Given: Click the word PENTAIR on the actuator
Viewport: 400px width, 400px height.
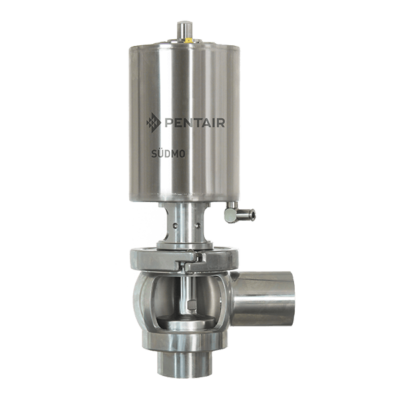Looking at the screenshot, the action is (195, 122).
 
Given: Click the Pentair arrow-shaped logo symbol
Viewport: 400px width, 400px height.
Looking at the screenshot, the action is (153, 122).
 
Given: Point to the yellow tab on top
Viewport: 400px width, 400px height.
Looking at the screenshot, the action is (189, 41).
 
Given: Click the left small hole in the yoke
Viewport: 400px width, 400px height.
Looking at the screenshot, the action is (175, 226).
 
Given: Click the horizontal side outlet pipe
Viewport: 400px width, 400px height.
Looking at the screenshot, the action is (263, 299).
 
